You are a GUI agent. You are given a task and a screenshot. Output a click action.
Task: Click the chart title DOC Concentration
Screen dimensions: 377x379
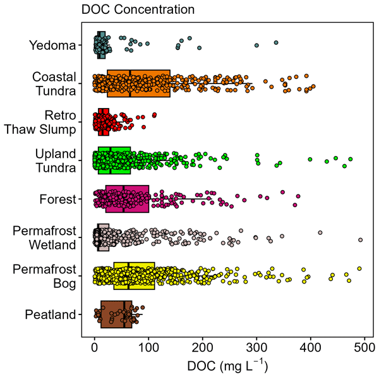[138, 10]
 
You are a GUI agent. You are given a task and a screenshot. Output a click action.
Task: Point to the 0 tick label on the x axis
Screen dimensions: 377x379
[95, 347]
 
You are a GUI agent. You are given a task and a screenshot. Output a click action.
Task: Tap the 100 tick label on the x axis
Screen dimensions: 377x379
[148, 347]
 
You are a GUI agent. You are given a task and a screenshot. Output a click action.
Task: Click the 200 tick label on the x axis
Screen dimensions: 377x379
[203, 347]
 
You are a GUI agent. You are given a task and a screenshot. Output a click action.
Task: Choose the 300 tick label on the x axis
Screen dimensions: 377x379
[256, 347]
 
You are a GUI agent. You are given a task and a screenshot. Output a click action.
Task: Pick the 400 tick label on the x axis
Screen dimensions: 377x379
[311, 347]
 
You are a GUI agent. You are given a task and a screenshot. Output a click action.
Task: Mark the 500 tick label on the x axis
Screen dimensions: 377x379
[364, 347]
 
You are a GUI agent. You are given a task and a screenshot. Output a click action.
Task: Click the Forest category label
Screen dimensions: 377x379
[59, 199]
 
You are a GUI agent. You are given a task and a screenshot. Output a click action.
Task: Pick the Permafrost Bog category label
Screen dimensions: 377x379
[45, 276]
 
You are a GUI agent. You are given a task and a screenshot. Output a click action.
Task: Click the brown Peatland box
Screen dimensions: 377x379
[116, 314]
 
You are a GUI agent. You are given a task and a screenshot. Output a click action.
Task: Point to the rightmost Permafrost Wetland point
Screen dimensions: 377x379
[360, 240]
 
